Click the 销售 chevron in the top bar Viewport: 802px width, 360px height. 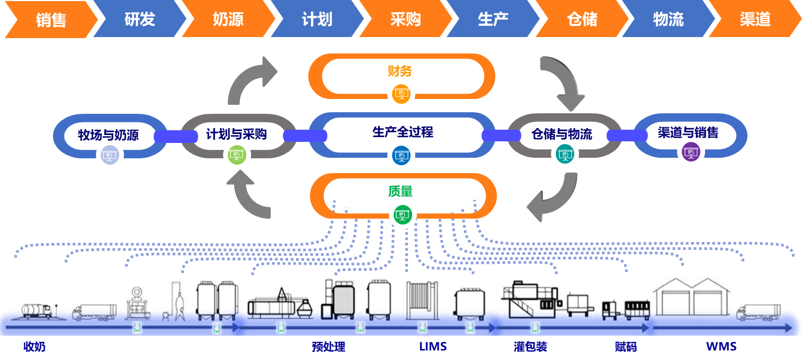point(51,20)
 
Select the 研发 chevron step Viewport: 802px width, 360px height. point(140,20)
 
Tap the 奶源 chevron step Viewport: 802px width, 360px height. point(228,20)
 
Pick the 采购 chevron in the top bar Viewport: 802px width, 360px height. point(405,20)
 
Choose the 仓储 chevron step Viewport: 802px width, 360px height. point(582,20)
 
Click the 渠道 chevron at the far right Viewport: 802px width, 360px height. point(755,20)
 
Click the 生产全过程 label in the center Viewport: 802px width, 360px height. point(403,132)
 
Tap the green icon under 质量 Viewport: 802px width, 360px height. point(403,215)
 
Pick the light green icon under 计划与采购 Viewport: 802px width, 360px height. point(237,155)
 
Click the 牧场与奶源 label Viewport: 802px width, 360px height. point(108,134)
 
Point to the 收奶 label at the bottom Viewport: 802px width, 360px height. point(34,347)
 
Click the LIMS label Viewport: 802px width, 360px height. point(433,347)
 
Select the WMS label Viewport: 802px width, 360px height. point(721,347)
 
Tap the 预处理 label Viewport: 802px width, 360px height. point(328,347)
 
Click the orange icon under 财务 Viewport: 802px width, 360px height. point(400,95)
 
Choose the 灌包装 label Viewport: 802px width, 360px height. point(530,347)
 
